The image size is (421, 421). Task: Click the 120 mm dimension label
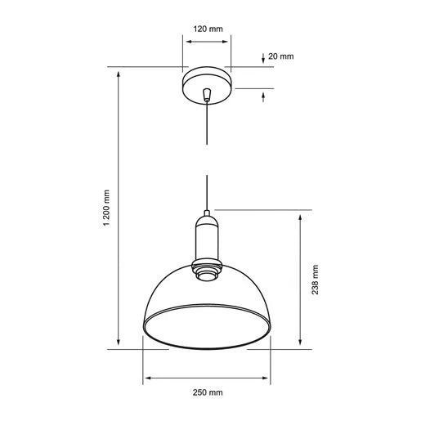(x=208, y=29)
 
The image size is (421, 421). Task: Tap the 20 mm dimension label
(x=281, y=56)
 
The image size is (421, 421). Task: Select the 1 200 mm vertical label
(x=106, y=208)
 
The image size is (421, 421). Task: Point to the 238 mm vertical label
(x=315, y=280)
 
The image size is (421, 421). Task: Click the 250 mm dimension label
(x=208, y=392)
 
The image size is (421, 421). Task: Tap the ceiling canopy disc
(x=207, y=86)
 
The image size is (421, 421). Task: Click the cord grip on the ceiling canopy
(x=207, y=95)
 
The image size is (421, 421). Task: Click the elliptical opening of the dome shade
(x=207, y=326)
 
